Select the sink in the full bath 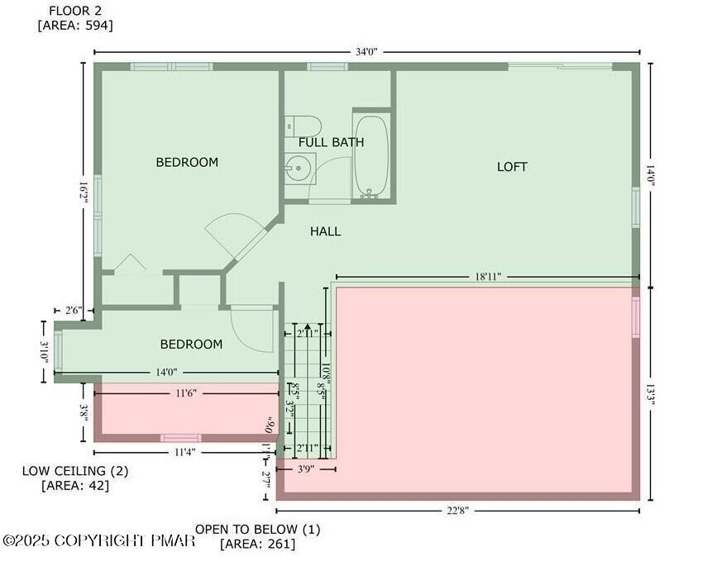click(x=295, y=169)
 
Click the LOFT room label click(x=512, y=167)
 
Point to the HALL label click(x=325, y=231)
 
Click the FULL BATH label click(x=331, y=142)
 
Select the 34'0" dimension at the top click(x=366, y=51)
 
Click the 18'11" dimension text click(x=488, y=276)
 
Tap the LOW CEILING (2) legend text click(x=74, y=471)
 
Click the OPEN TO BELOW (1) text click(x=257, y=529)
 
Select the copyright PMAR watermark click(x=99, y=540)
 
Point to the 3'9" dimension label click(x=306, y=468)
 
